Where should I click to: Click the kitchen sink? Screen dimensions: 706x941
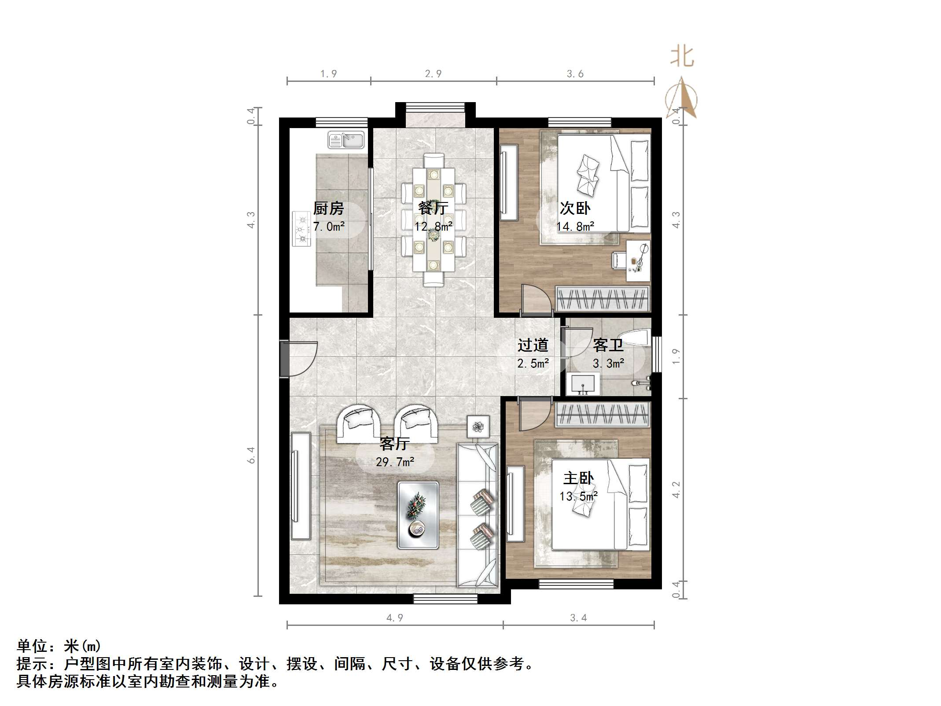click(346, 140)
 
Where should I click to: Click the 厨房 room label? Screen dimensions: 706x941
click(328, 208)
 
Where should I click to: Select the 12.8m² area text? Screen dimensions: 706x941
click(434, 226)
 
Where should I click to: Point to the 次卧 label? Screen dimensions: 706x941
click(575, 208)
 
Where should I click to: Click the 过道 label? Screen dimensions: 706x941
click(533, 345)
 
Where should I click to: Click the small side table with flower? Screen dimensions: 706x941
click(478, 426)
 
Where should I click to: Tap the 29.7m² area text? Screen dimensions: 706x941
click(395, 462)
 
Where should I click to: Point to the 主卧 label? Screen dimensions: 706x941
click(578, 478)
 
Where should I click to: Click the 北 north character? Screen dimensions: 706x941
click(682, 57)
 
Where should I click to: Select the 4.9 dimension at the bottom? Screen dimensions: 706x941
click(394, 618)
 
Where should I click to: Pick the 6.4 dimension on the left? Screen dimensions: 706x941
click(251, 455)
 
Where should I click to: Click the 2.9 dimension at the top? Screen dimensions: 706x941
click(433, 74)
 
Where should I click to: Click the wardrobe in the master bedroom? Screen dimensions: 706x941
click(602, 415)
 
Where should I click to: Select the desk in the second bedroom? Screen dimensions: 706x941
click(638, 261)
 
